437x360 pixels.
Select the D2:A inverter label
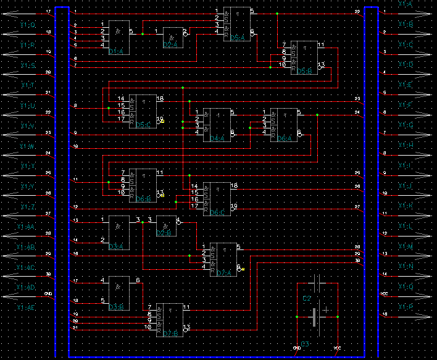pyautogui.click(x=170, y=45)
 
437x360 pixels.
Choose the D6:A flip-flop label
pyautogui.click(x=285, y=138)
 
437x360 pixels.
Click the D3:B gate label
pyautogui.click(x=116, y=306)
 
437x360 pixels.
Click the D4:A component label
pyautogui.click(x=217, y=138)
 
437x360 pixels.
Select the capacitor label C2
pyautogui.click(x=307, y=298)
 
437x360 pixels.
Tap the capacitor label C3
pyautogui.click(x=304, y=343)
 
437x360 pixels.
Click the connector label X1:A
pyautogui.click(x=405, y=4)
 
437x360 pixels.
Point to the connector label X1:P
pyautogui.click(x=405, y=307)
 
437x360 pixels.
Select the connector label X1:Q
pyautogui.click(x=405, y=287)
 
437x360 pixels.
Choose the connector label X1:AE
pyautogui.click(x=27, y=307)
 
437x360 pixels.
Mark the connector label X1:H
pyautogui.click(x=405, y=145)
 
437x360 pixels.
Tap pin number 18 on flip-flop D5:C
pyautogui.click(x=160, y=99)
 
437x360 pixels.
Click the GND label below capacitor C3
pyautogui.click(x=296, y=349)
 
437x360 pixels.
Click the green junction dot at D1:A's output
pyautogui.click(x=143, y=34)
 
